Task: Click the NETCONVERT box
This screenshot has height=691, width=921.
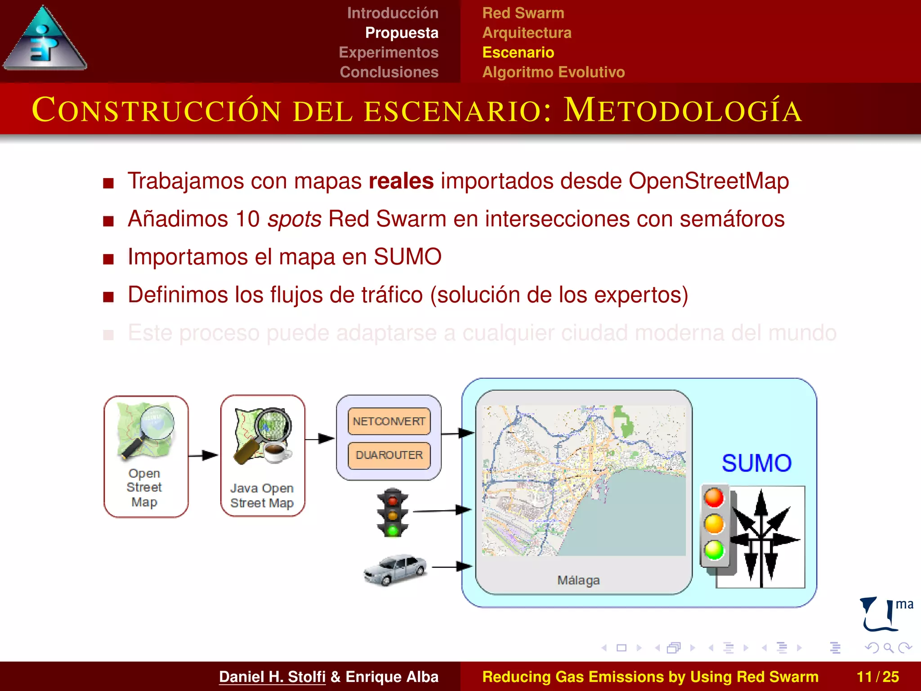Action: [x=389, y=422]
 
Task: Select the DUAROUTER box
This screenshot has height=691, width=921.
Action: [x=389, y=455]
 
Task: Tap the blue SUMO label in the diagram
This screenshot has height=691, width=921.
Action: [x=756, y=463]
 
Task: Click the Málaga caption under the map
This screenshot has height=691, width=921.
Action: [x=578, y=580]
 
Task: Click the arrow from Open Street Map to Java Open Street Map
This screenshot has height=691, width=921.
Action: [x=203, y=455]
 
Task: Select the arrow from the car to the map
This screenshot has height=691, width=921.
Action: [x=452, y=567]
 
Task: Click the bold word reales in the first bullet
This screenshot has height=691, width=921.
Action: [x=401, y=181]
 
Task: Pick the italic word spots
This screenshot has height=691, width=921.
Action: [x=294, y=219]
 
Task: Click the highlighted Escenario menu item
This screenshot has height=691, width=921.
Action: [x=518, y=53]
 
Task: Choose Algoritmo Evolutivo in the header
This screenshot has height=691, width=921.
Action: [x=553, y=72]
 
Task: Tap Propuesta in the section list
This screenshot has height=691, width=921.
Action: [x=401, y=33]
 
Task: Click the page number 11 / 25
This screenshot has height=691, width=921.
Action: [x=877, y=677]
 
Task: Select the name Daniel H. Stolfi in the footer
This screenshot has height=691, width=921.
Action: [x=272, y=677]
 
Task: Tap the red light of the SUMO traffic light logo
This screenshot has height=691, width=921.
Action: [x=714, y=498]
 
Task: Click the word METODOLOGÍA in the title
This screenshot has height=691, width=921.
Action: [x=682, y=110]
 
